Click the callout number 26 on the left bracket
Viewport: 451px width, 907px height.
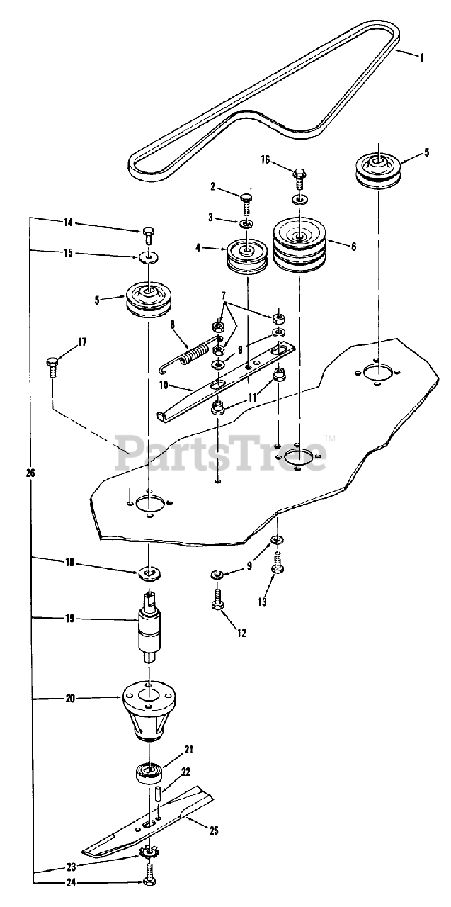point(29,472)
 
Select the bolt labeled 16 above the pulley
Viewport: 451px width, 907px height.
point(301,174)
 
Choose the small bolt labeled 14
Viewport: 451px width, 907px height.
point(149,233)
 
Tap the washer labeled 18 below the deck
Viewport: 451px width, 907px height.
point(149,570)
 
